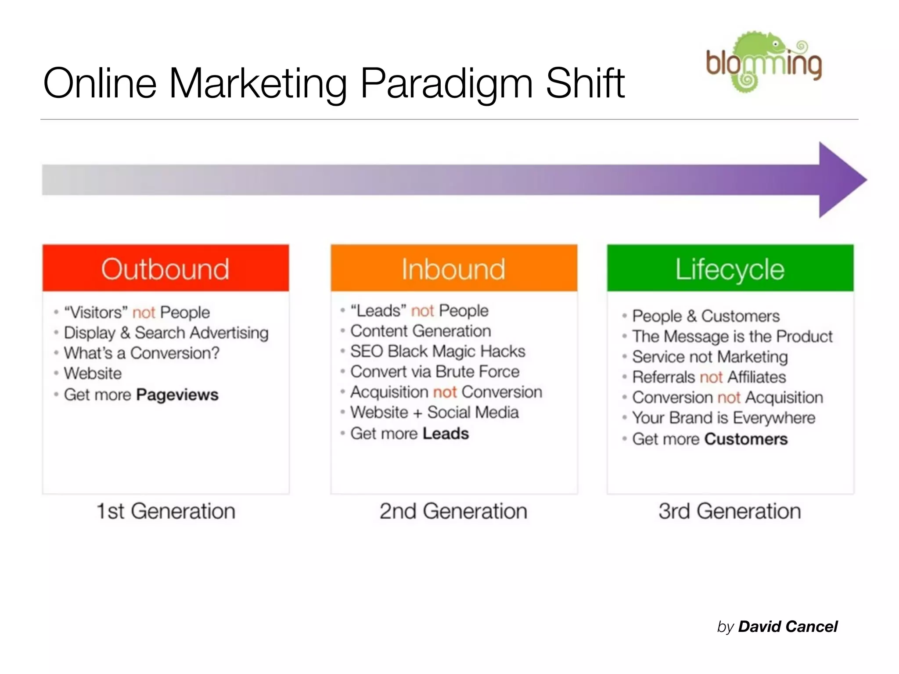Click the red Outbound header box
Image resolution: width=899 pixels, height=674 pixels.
165,268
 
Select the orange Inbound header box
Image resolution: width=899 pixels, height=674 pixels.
453,268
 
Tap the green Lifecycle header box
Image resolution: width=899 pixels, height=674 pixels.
730,268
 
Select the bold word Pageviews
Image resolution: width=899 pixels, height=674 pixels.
177,394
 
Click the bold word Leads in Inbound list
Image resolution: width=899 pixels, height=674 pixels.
446,434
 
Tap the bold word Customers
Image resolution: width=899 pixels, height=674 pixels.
746,439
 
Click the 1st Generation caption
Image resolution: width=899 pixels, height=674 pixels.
165,511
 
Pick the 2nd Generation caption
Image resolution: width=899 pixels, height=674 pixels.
453,511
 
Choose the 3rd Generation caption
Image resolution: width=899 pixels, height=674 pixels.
730,511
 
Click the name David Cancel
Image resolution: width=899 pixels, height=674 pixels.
788,627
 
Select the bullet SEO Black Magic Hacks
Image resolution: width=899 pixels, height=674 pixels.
437,351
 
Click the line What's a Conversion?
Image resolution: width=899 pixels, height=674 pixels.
141,353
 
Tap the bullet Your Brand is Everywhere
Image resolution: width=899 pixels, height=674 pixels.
723,418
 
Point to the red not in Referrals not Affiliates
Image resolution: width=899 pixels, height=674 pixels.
711,377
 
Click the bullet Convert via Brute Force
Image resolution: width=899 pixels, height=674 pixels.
435,372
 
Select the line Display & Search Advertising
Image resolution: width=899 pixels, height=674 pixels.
166,333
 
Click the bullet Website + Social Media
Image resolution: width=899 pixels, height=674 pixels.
434,412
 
